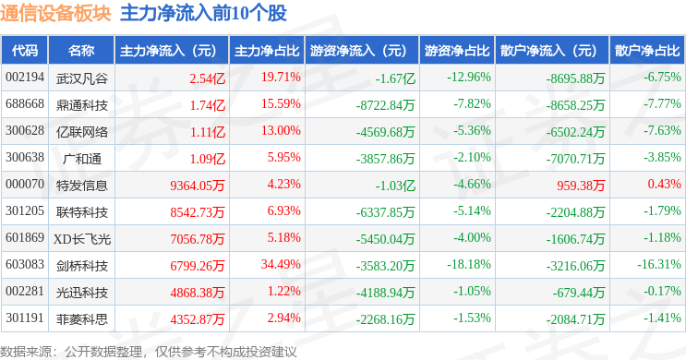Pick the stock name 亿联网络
tap(81, 131)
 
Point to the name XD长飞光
tap(81, 239)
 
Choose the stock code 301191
tap(25, 319)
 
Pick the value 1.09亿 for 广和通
tap(207, 158)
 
